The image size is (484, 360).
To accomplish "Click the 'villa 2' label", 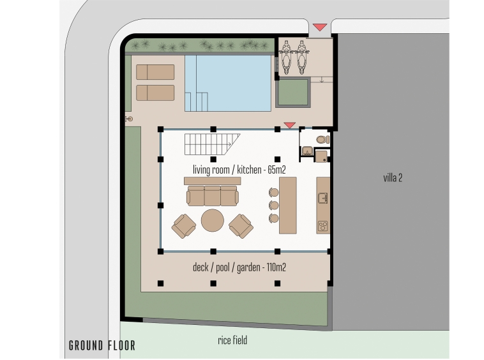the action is click(x=393, y=177).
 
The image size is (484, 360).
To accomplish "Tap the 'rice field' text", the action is click(x=232, y=340).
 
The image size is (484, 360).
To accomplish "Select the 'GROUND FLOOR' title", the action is click(x=102, y=345).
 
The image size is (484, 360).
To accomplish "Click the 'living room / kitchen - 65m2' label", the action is click(x=239, y=170).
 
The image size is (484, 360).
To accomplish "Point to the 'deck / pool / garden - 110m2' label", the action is click(x=239, y=267).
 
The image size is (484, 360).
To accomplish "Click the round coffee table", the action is click(x=213, y=220).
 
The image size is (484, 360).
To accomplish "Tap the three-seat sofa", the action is click(x=213, y=195).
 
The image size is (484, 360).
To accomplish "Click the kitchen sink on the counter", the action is click(x=323, y=198).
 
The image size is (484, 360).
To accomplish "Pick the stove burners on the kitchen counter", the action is click(x=323, y=226).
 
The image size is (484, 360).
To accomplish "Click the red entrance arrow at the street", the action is click(x=320, y=27).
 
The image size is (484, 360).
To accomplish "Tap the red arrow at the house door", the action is click(x=289, y=125).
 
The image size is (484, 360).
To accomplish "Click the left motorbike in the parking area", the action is click(x=286, y=57).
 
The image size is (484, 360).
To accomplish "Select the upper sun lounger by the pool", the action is click(x=155, y=72).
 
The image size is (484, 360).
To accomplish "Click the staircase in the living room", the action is click(x=213, y=144).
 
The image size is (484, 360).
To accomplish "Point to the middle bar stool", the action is click(x=273, y=205).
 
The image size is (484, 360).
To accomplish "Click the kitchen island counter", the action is click(x=288, y=205).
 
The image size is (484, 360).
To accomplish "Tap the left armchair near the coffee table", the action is click(x=184, y=226).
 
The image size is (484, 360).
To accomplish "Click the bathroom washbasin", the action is click(x=307, y=151).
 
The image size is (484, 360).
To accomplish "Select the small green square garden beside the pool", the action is click(x=293, y=93).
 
